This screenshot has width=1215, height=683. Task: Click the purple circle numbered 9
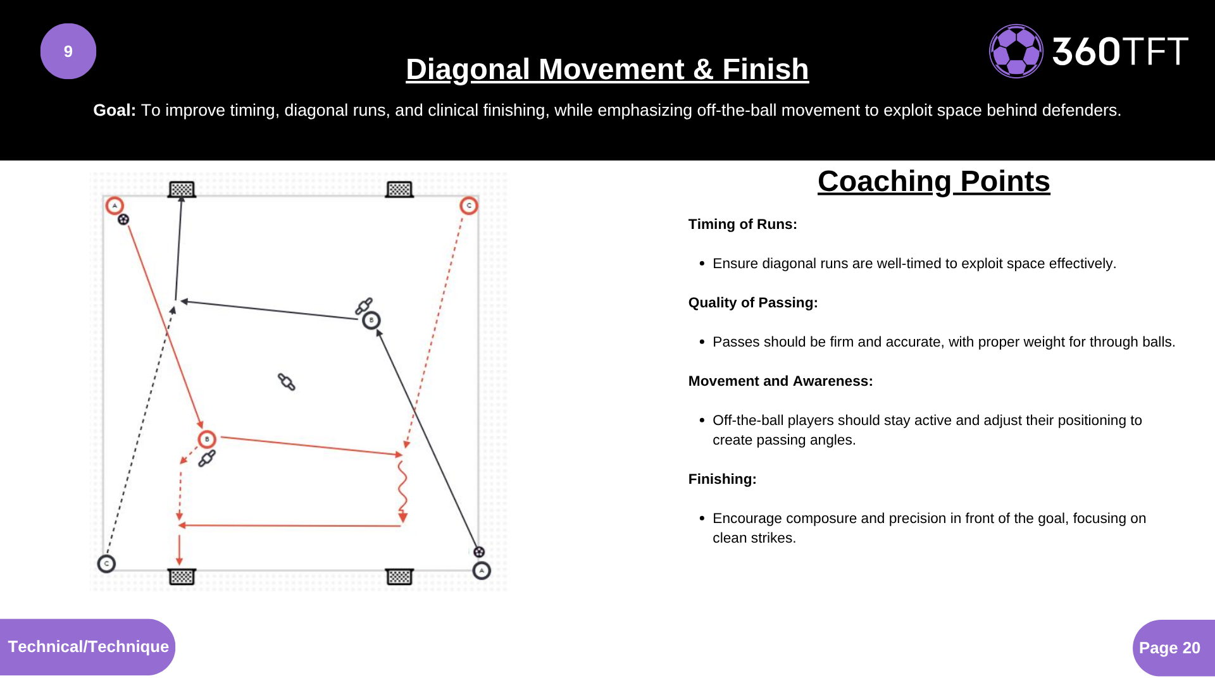68,51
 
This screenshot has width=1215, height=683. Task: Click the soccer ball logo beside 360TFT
1016,51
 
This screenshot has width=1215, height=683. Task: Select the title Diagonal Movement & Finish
607,69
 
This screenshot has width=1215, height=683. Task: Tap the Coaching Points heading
933,182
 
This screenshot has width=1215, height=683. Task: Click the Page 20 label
1169,648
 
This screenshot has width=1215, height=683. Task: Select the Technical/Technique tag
88,646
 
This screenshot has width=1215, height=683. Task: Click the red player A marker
115,206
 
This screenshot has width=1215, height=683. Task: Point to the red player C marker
469,206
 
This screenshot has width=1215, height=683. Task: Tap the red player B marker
207,439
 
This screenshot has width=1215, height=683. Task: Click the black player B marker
371,321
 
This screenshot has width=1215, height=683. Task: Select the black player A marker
482,571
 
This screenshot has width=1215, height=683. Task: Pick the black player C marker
106,563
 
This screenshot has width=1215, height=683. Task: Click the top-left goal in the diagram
182,189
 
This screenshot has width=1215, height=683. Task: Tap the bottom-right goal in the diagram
399,576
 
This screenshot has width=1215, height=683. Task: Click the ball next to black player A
479,552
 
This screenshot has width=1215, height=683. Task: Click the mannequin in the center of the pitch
287,382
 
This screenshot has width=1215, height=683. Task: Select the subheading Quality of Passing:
752,303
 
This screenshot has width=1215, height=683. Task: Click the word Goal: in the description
114,111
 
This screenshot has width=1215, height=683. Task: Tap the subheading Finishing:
722,479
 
